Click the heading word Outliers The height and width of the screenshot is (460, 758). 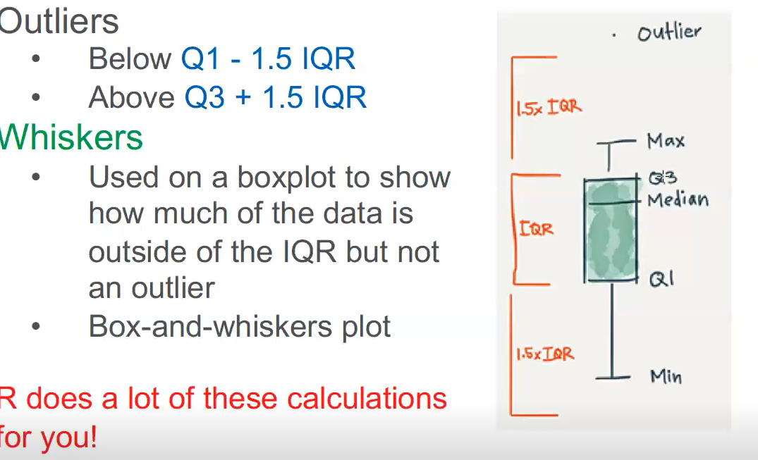click(59, 21)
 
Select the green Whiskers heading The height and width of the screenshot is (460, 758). click(71, 137)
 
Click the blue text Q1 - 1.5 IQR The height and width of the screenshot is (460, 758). click(269, 59)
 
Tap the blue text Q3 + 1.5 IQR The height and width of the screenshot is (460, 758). click(276, 97)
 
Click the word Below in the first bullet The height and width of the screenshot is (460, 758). click(130, 59)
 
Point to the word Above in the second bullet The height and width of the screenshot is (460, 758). click(131, 97)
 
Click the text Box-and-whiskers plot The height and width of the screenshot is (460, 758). click(240, 327)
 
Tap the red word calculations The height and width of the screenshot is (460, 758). click(367, 399)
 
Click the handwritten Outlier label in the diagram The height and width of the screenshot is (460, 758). click(670, 32)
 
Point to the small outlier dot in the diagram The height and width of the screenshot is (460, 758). click(614, 35)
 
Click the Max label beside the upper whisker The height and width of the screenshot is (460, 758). click(666, 141)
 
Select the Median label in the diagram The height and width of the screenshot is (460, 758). click(678, 199)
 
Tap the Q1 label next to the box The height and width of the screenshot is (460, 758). click(661, 279)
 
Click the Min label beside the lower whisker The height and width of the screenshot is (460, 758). click(666, 376)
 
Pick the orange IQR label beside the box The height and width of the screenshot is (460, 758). click(536, 228)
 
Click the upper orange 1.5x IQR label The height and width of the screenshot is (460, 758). click(549, 107)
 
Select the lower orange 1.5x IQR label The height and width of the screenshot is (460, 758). click(545, 354)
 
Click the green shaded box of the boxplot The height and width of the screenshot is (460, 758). click(611, 230)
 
